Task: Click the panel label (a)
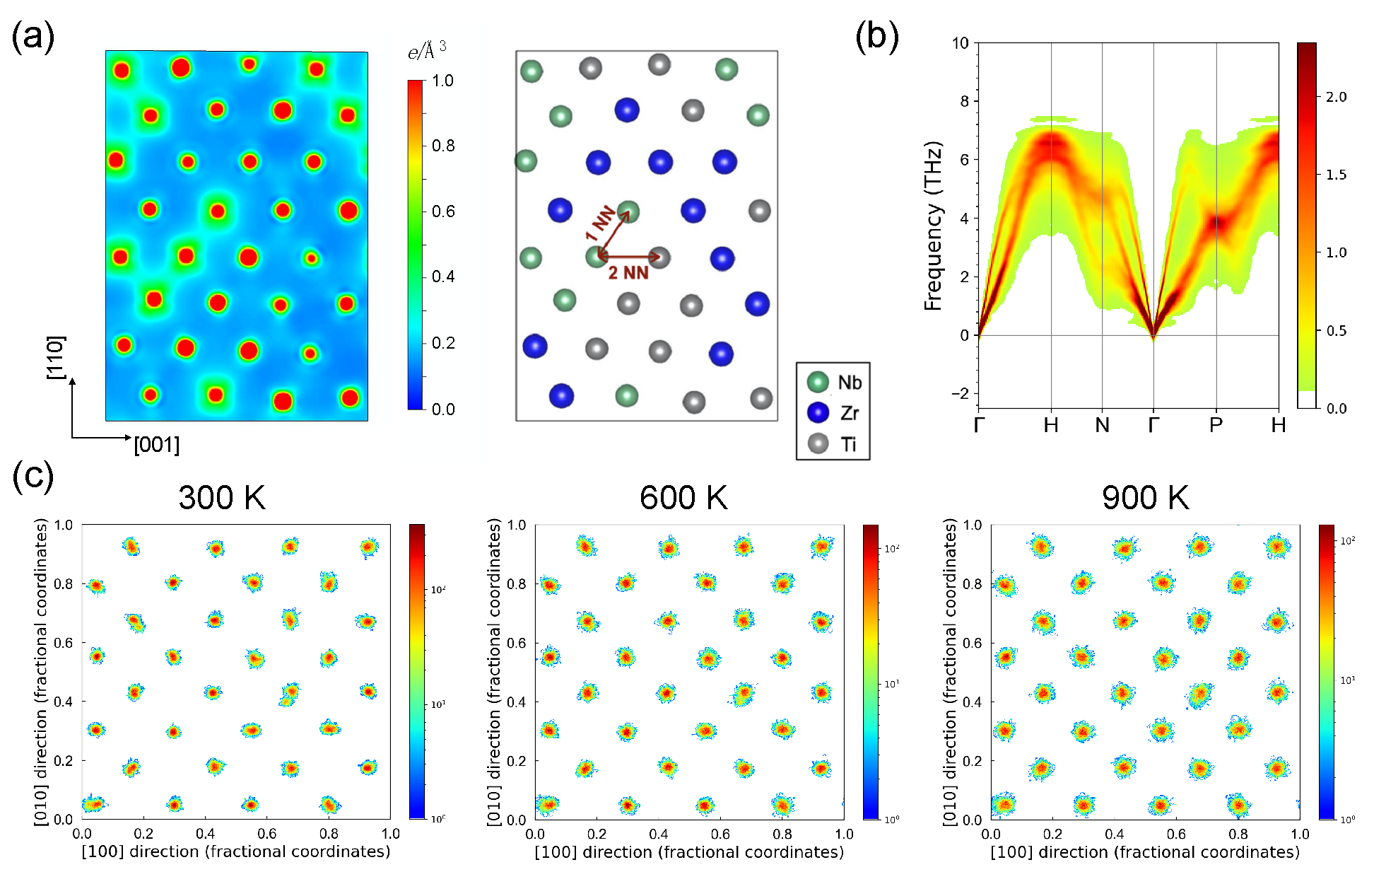point(33,37)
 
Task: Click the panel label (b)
point(876,37)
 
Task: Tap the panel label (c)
point(33,477)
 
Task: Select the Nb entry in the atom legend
point(849,383)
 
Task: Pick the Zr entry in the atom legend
point(849,413)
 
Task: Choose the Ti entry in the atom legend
point(848,444)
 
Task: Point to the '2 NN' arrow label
point(628,273)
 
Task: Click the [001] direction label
point(157,445)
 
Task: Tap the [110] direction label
point(56,358)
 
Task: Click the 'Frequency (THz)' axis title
point(933,226)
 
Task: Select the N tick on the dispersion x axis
point(1102,425)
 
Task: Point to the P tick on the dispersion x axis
point(1216,425)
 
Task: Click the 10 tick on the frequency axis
point(960,43)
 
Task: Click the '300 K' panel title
point(222,498)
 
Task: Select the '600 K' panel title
point(683,498)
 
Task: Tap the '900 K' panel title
point(1145,498)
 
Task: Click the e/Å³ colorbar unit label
point(427,51)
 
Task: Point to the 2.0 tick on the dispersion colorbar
point(1336,97)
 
